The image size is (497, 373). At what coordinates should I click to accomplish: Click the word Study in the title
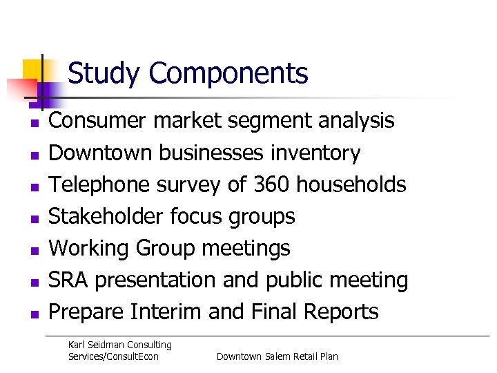104,74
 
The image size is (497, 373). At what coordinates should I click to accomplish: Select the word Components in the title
228,74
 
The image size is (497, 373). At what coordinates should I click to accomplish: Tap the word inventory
315,153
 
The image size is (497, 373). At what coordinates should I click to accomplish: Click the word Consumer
98,121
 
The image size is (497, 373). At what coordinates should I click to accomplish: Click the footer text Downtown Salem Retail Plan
277,356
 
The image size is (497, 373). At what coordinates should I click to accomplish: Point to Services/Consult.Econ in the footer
113,356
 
